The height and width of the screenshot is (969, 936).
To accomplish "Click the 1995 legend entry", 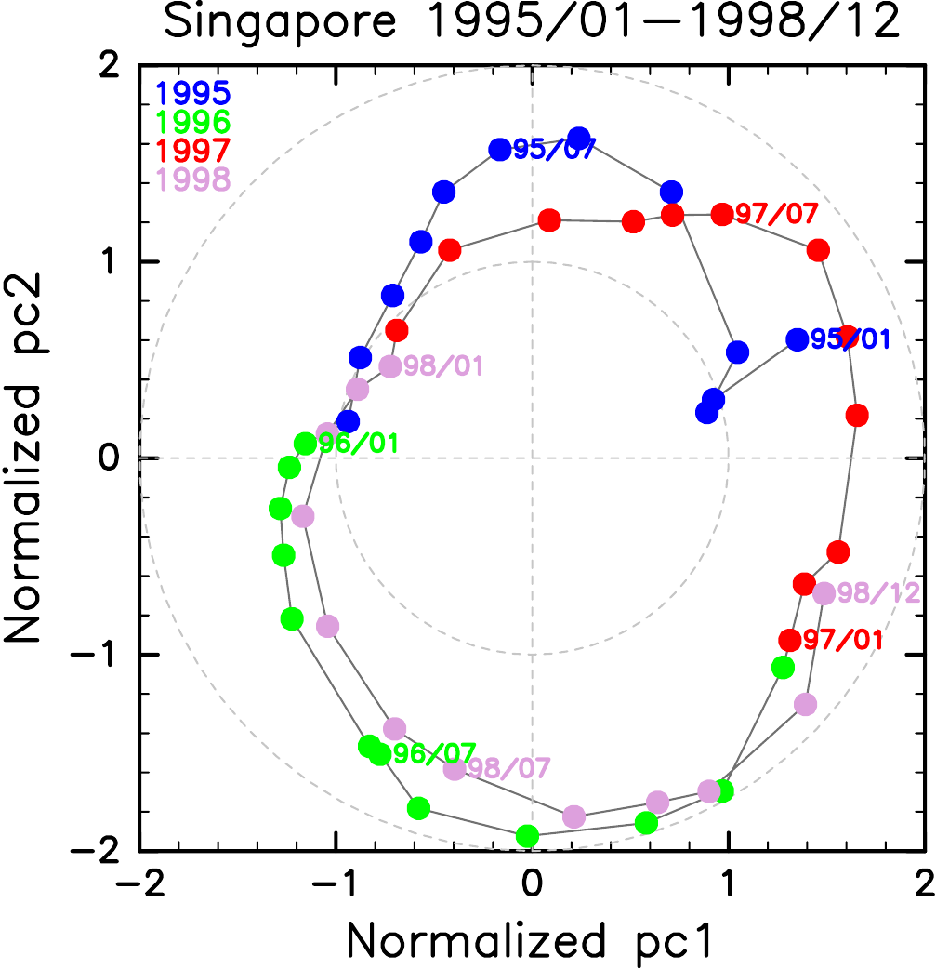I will [x=192, y=94].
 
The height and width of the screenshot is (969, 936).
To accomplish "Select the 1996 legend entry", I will [x=192, y=122].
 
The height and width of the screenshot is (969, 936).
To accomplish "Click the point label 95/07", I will [x=554, y=149].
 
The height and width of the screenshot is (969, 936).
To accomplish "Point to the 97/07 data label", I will [x=776, y=215].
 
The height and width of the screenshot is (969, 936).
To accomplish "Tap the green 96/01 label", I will [x=359, y=444].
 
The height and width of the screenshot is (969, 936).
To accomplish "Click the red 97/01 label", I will [x=843, y=641].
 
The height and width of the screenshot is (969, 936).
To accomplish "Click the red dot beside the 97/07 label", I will [x=722, y=215].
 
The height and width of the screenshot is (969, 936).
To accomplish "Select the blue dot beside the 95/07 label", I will [x=500, y=149].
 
